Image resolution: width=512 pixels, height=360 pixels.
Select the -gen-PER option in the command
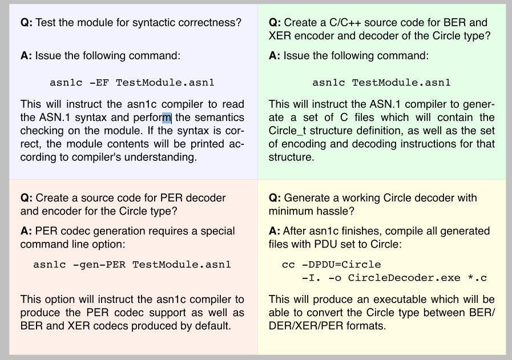click(99, 264)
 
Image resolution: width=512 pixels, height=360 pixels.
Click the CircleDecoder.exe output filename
click(404, 278)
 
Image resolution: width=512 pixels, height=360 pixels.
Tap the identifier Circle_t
click(287, 131)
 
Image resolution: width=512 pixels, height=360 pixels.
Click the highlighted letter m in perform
click(167, 118)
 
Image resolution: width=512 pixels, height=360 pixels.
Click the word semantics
click(219, 118)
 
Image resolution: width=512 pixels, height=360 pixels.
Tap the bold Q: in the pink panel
click(26, 198)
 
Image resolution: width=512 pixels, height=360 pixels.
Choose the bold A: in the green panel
click(275, 55)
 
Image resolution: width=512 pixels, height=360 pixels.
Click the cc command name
click(288, 264)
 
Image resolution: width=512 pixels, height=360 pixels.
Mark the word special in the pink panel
click(217, 230)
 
